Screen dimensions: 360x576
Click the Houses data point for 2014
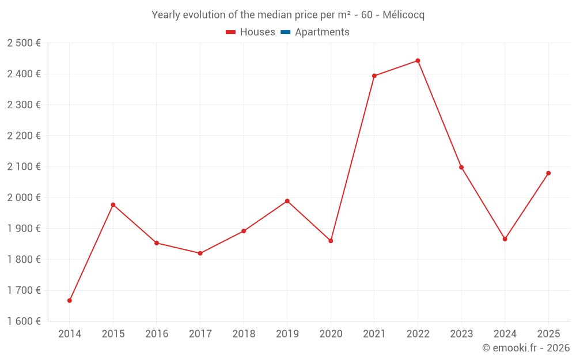(x=70, y=301)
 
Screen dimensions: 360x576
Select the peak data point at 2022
(x=418, y=60)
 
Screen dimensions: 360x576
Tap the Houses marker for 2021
(x=374, y=75)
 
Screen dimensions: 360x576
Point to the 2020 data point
(x=331, y=241)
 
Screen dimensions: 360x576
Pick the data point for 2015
(x=113, y=204)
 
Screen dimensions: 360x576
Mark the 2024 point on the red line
(x=505, y=239)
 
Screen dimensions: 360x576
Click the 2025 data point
(x=548, y=173)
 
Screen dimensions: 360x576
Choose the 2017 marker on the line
(x=200, y=253)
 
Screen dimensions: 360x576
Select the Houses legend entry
(x=251, y=32)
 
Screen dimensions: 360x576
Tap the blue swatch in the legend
(x=286, y=32)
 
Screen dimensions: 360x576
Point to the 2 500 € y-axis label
(x=24, y=43)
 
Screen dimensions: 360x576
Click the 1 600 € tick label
(x=24, y=321)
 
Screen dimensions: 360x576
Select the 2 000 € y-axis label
(x=24, y=198)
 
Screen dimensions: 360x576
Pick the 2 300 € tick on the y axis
(x=24, y=105)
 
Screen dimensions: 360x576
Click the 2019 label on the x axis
(x=287, y=334)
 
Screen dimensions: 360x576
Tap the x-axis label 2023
(x=461, y=334)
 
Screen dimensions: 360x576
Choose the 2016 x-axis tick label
(x=157, y=334)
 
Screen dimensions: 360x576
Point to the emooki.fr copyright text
(x=525, y=348)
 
